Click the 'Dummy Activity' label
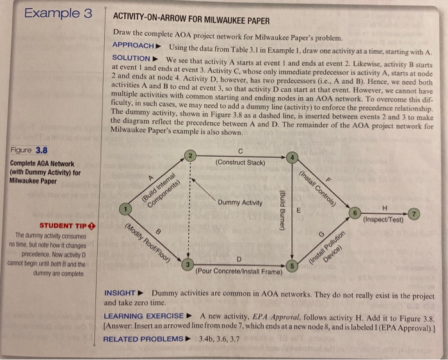pyautogui.click(x=239, y=203)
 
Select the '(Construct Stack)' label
pyautogui.click(x=240, y=162)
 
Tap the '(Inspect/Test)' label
pyautogui.click(x=384, y=220)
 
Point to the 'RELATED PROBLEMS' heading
pyautogui.click(x=143, y=338)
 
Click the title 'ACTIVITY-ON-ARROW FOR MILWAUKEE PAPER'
pyautogui.click(x=191, y=20)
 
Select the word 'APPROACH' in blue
pyautogui.click(x=133, y=46)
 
